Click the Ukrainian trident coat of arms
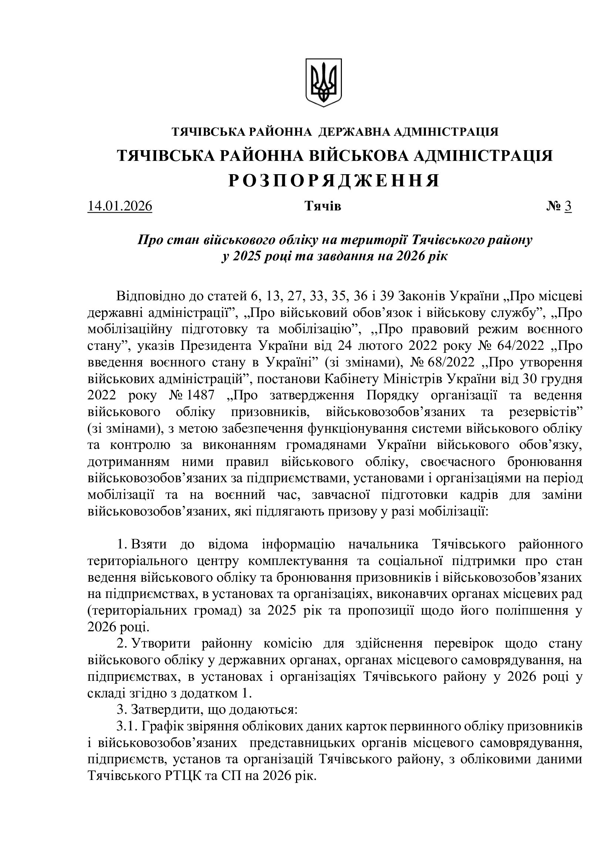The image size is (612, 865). click(x=323, y=82)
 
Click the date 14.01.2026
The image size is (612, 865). click(x=120, y=206)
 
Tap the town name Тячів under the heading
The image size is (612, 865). click(x=323, y=206)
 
